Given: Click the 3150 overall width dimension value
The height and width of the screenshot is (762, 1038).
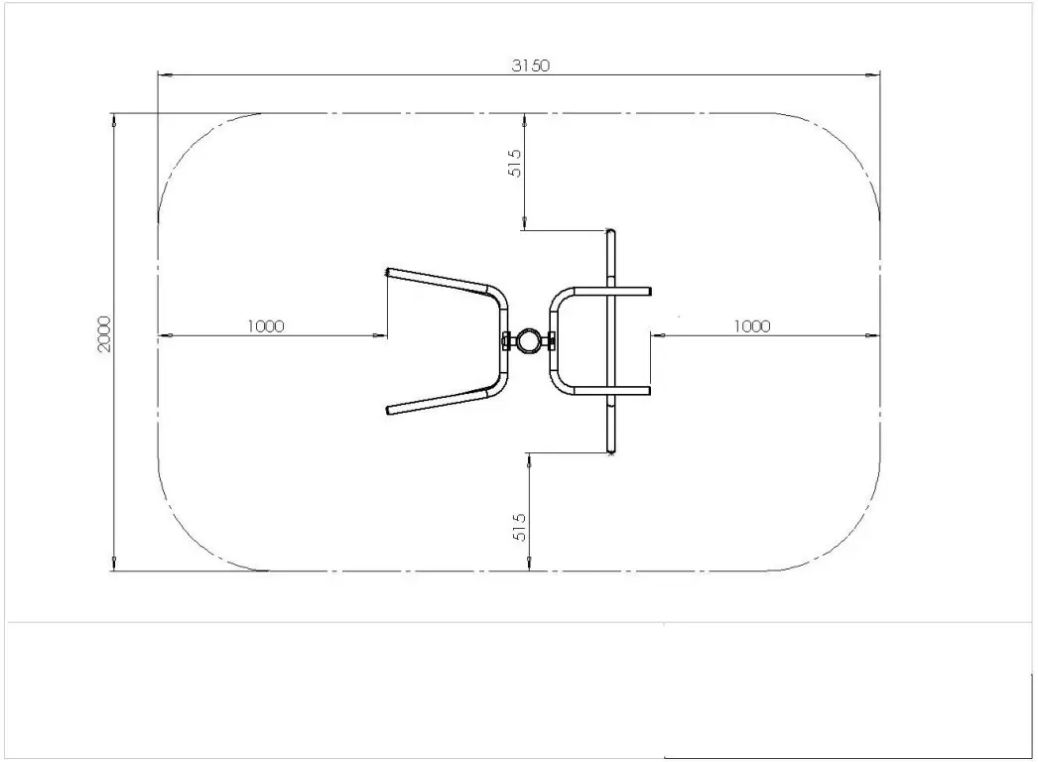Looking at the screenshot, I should pyautogui.click(x=530, y=65).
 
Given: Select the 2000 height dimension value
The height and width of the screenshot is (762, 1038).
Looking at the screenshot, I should pyautogui.click(x=105, y=338).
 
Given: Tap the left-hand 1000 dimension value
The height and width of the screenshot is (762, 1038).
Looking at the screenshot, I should pyautogui.click(x=266, y=326).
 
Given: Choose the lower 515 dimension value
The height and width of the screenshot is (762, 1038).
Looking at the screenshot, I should pyautogui.click(x=519, y=526).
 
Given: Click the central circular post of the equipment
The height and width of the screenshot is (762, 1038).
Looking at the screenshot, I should pyautogui.click(x=529, y=341).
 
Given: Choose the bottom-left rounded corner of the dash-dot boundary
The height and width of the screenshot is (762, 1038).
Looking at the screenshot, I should pyautogui.click(x=189, y=541).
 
